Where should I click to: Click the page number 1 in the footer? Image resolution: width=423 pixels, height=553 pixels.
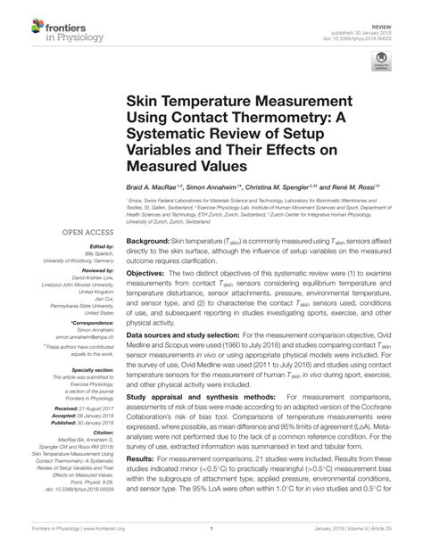(211, 541)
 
